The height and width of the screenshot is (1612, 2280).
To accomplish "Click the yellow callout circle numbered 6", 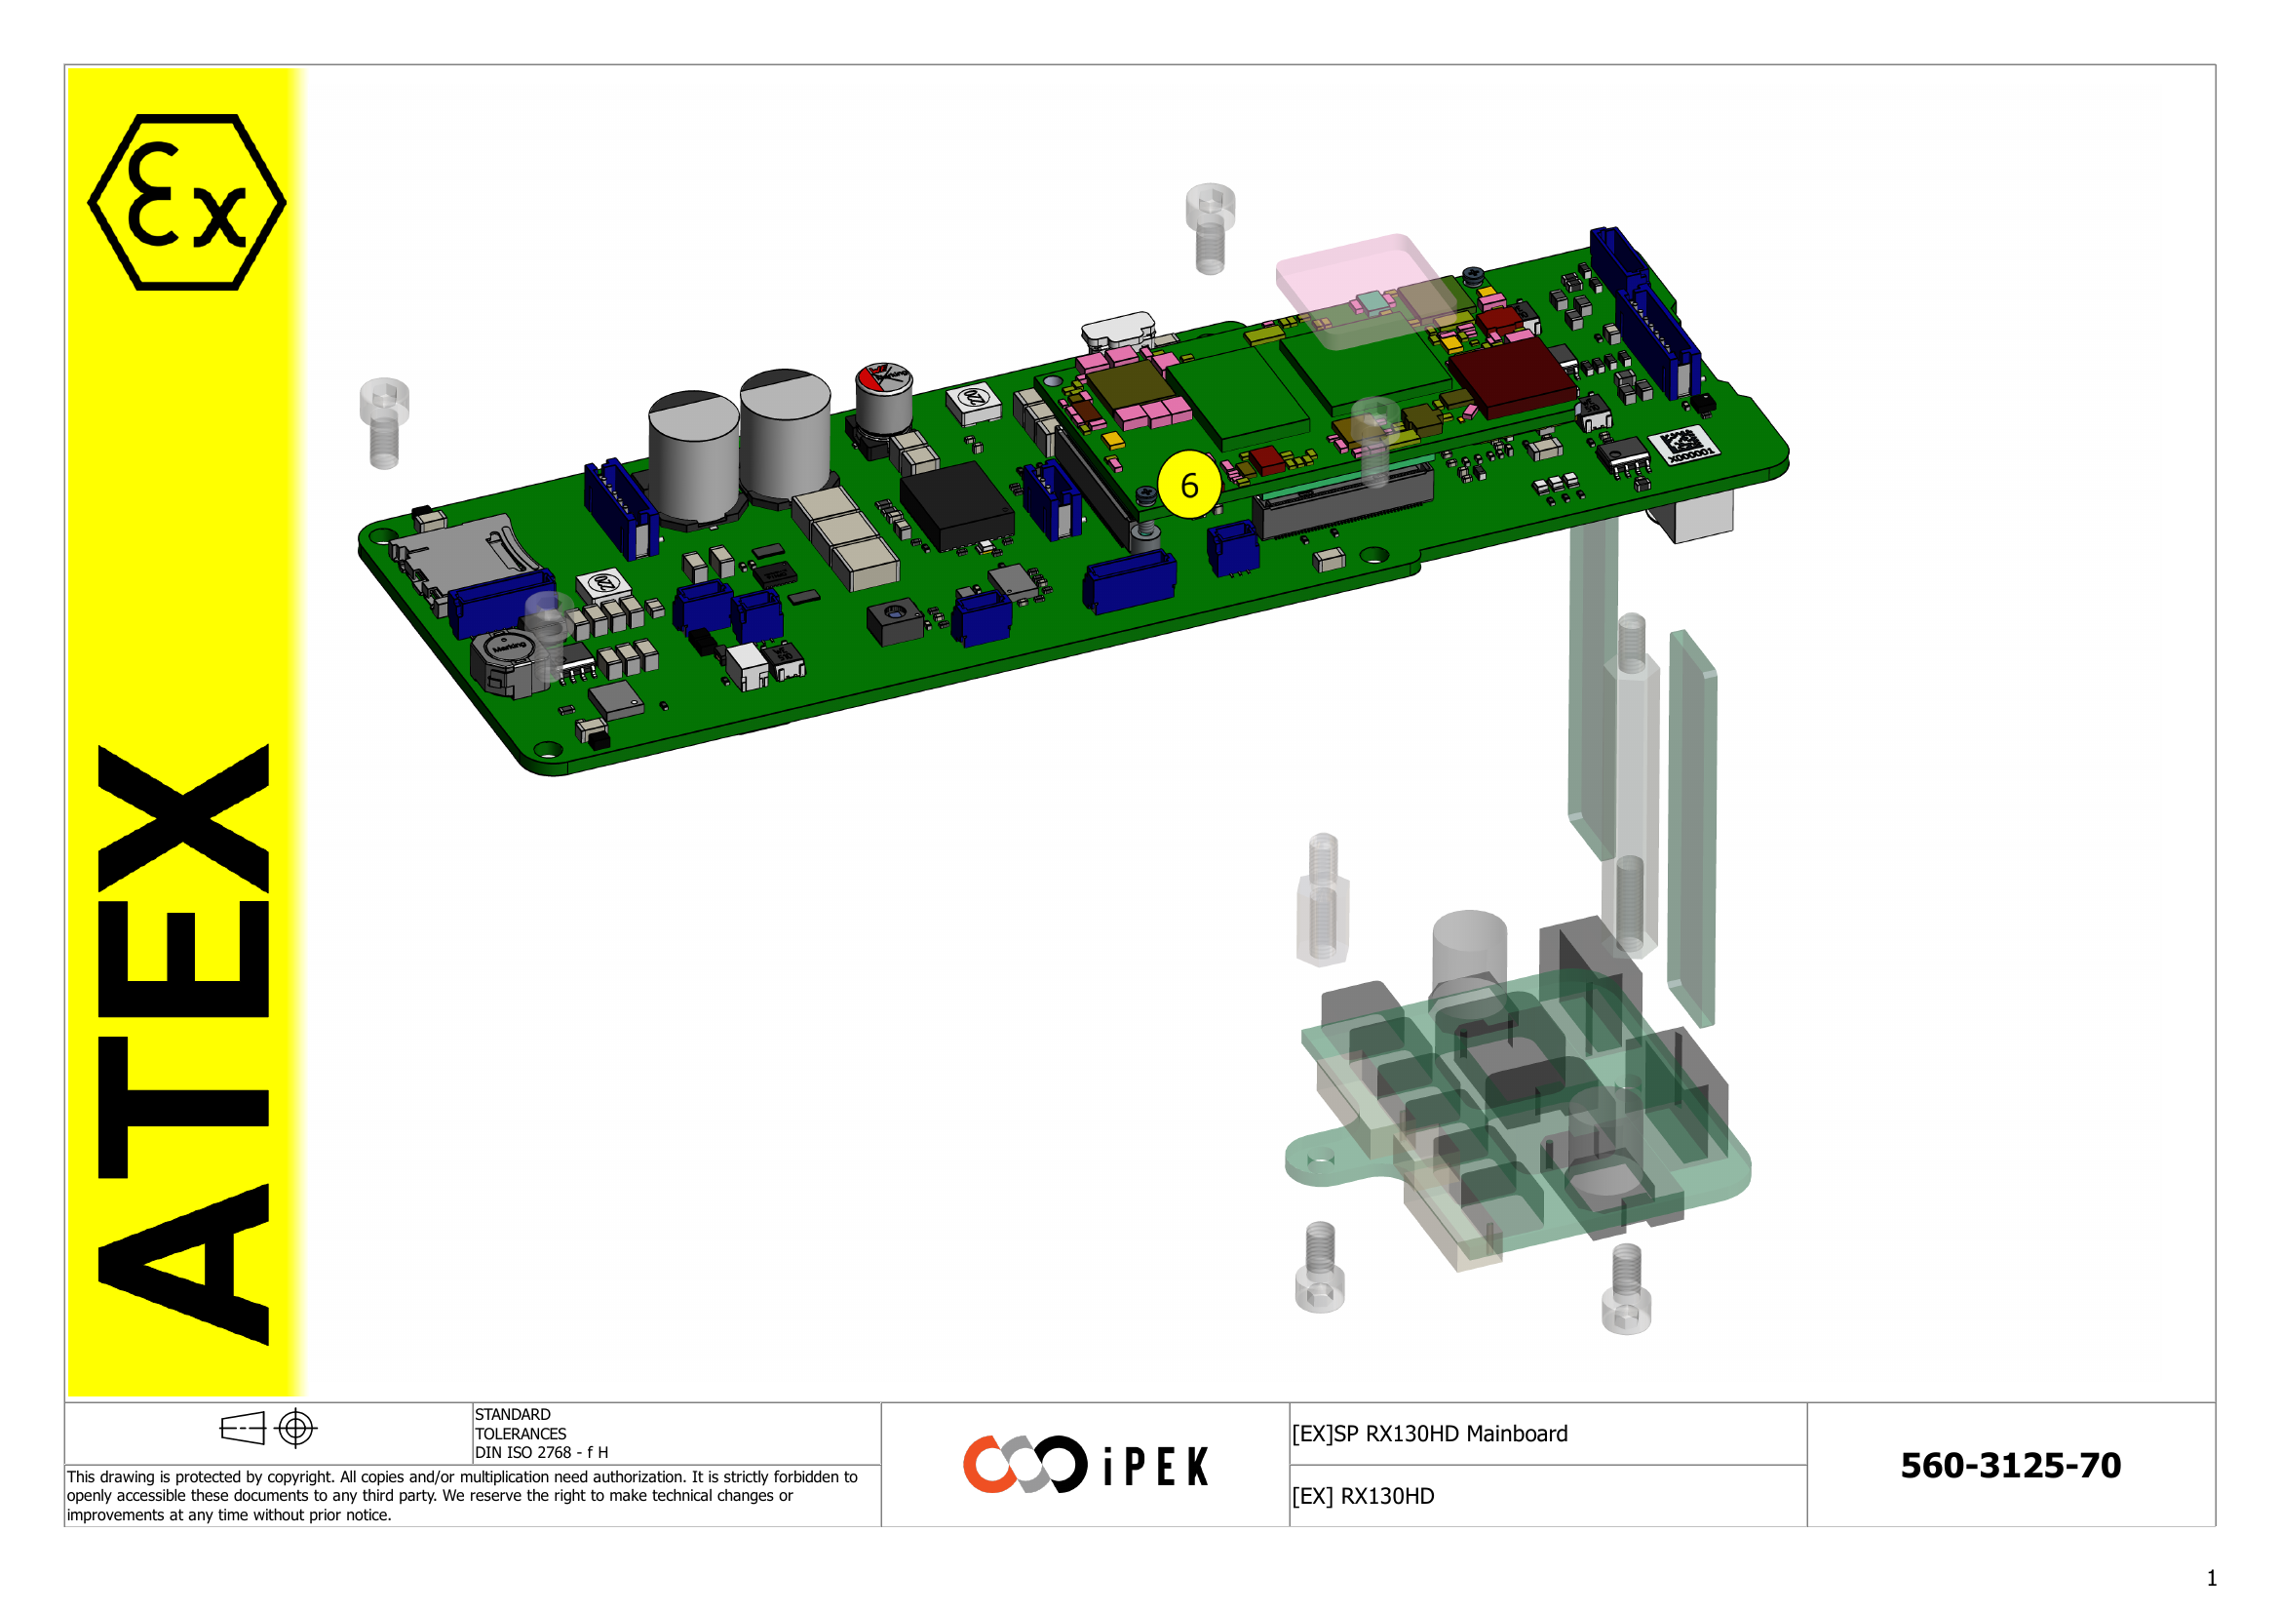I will [1188, 485].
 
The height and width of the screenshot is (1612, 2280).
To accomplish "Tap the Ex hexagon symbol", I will [187, 202].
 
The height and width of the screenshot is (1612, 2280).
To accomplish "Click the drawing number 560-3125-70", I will [2009, 1465].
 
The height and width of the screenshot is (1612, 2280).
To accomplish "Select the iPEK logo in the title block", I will [1085, 1464].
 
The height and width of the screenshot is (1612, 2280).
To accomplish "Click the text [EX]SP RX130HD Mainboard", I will [1429, 1434].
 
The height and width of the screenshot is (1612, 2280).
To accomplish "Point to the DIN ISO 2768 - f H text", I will [541, 1452].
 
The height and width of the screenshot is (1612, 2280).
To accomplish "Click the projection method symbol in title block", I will [267, 1429].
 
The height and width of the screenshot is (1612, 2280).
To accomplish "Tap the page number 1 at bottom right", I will [2211, 1578].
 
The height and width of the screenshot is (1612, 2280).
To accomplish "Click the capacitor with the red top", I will [884, 395].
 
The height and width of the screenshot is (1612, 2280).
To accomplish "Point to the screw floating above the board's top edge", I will [1210, 227].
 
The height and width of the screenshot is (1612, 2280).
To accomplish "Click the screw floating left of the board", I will [384, 422].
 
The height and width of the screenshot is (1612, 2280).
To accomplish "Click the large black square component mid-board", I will [955, 504].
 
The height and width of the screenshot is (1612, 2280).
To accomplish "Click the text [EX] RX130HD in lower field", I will [1363, 1496].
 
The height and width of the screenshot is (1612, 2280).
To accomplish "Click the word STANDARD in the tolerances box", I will [513, 1414].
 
